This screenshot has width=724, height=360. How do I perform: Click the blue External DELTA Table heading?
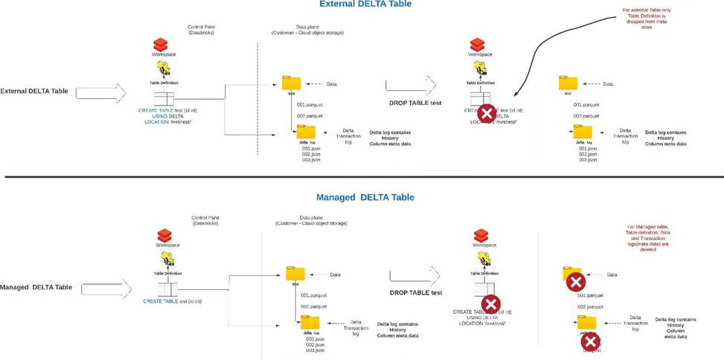(365, 4)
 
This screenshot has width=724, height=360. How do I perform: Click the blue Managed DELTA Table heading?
(365, 197)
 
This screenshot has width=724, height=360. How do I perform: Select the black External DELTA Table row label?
(34, 91)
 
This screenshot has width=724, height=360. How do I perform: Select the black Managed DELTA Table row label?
(35, 287)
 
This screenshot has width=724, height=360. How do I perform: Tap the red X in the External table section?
(486, 113)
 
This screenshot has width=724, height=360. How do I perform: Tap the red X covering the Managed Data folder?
(574, 282)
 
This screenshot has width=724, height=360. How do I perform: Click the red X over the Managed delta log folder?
(590, 341)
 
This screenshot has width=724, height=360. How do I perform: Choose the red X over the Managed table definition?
(490, 303)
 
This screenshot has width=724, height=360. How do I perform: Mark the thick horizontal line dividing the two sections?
(362, 177)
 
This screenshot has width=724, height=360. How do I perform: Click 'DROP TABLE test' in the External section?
(415, 103)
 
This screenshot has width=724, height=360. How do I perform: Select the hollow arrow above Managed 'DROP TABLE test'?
(413, 275)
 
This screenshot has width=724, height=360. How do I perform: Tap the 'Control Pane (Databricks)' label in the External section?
(200, 30)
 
